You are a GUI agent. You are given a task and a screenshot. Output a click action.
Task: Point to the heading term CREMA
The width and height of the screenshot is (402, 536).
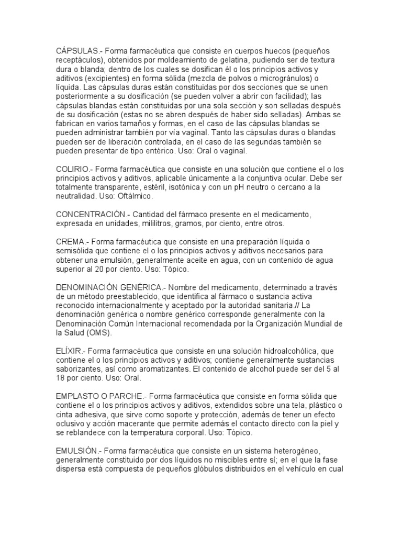[70, 241]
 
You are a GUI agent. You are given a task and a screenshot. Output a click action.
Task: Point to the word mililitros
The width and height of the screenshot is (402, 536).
[161, 224]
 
